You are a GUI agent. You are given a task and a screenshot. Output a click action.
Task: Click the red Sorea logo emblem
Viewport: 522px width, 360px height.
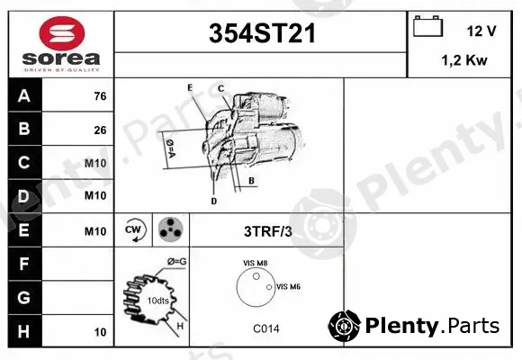(62, 33)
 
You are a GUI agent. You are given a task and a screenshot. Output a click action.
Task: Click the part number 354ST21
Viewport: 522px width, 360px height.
(262, 33)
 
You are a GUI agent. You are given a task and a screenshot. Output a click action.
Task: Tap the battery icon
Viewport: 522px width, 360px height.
(427, 26)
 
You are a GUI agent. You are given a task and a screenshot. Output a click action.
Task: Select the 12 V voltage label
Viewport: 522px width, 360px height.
(481, 31)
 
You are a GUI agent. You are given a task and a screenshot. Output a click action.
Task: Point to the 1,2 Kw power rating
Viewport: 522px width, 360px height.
(464, 60)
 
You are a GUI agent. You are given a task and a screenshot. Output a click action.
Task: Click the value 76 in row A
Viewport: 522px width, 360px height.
(100, 96)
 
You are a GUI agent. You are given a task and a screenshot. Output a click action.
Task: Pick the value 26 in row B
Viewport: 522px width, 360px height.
(100, 130)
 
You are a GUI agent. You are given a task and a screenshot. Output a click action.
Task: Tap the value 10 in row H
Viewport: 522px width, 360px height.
(100, 332)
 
